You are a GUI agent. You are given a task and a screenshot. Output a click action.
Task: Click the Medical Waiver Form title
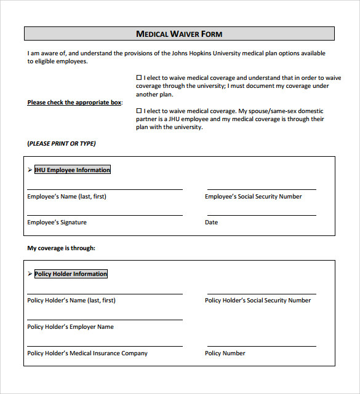[179, 34]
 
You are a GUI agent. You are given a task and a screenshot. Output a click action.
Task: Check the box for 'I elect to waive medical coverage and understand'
[139, 78]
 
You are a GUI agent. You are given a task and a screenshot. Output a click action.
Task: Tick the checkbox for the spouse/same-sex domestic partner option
[139, 111]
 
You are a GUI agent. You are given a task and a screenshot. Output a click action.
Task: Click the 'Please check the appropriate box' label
[74, 103]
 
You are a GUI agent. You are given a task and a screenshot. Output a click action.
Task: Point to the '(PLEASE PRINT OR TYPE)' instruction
[62, 143]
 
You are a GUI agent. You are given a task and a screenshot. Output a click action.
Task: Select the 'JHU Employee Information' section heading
[73, 170]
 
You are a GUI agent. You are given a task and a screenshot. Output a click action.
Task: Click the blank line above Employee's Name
[105, 188]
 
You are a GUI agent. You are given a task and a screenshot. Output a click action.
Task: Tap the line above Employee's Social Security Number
[262, 188]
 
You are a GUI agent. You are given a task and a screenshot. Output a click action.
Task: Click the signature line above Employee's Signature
[105, 214]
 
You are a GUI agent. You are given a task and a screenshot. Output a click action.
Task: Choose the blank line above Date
[262, 214]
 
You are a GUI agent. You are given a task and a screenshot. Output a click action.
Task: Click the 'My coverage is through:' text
[61, 248]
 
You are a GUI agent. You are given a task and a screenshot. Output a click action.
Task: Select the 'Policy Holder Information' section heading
[71, 274]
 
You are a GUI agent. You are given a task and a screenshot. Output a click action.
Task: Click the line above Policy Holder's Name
[105, 293]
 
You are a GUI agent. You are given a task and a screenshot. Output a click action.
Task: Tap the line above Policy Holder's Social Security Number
[262, 293]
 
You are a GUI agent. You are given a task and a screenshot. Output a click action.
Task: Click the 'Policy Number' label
[225, 353]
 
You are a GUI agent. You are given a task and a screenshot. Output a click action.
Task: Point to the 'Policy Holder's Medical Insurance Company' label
[87, 353]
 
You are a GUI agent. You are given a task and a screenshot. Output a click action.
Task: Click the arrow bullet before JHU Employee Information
[30, 170]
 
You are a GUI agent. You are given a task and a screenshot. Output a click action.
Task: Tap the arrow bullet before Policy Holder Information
[30, 274]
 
